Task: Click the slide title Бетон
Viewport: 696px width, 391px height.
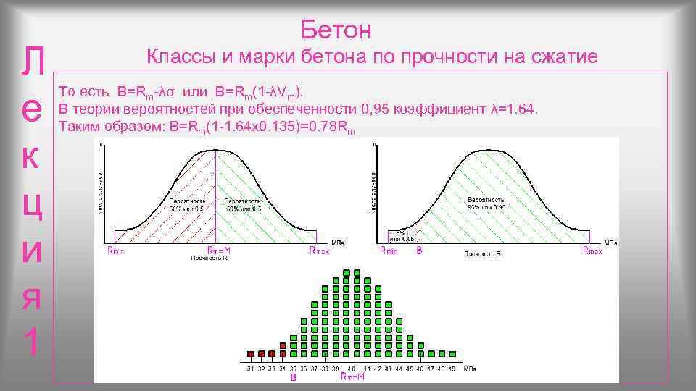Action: coord(336,30)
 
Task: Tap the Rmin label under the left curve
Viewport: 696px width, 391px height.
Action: coord(115,251)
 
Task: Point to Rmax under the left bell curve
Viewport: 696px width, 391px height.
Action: coord(319,251)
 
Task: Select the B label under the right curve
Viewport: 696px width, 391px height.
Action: coord(419,251)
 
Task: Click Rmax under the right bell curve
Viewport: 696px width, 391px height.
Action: coord(594,251)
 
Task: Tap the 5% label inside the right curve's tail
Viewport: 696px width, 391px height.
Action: coord(400,232)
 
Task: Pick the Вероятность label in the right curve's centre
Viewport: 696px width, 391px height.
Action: coord(486,198)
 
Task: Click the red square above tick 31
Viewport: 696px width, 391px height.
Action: coord(251,353)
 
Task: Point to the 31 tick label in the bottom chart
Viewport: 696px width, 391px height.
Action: coord(251,369)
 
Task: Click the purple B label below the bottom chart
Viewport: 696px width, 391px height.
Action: coord(294,377)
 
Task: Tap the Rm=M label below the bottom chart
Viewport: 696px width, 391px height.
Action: coord(352,377)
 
